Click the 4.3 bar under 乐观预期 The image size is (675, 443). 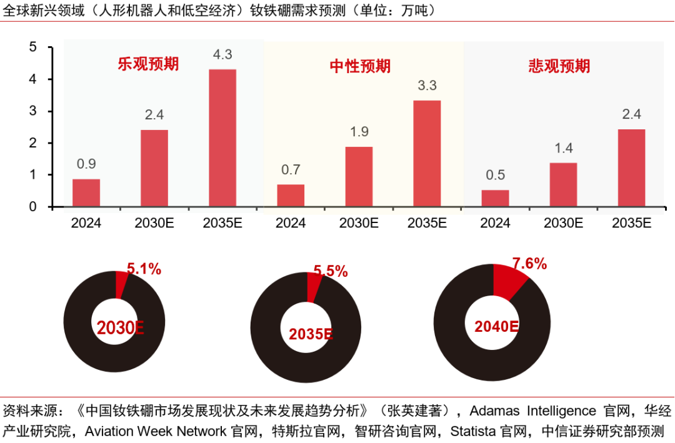(x=222, y=137)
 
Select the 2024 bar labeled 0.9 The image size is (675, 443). (x=86, y=192)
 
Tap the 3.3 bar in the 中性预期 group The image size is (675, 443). (x=427, y=153)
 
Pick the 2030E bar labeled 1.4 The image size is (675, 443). (x=563, y=184)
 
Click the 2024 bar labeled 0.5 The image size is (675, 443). (x=495, y=198)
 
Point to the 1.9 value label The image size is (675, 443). (x=359, y=132)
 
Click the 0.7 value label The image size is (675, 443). (x=291, y=169)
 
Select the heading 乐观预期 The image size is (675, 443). (x=148, y=64)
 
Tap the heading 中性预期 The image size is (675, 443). (x=360, y=66)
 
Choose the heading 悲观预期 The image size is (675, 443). (x=559, y=66)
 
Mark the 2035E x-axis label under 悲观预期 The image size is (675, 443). (x=631, y=223)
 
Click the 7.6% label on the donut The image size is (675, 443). (x=529, y=264)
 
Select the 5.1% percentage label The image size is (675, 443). (x=144, y=269)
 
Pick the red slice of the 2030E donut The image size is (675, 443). (x=121, y=284)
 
